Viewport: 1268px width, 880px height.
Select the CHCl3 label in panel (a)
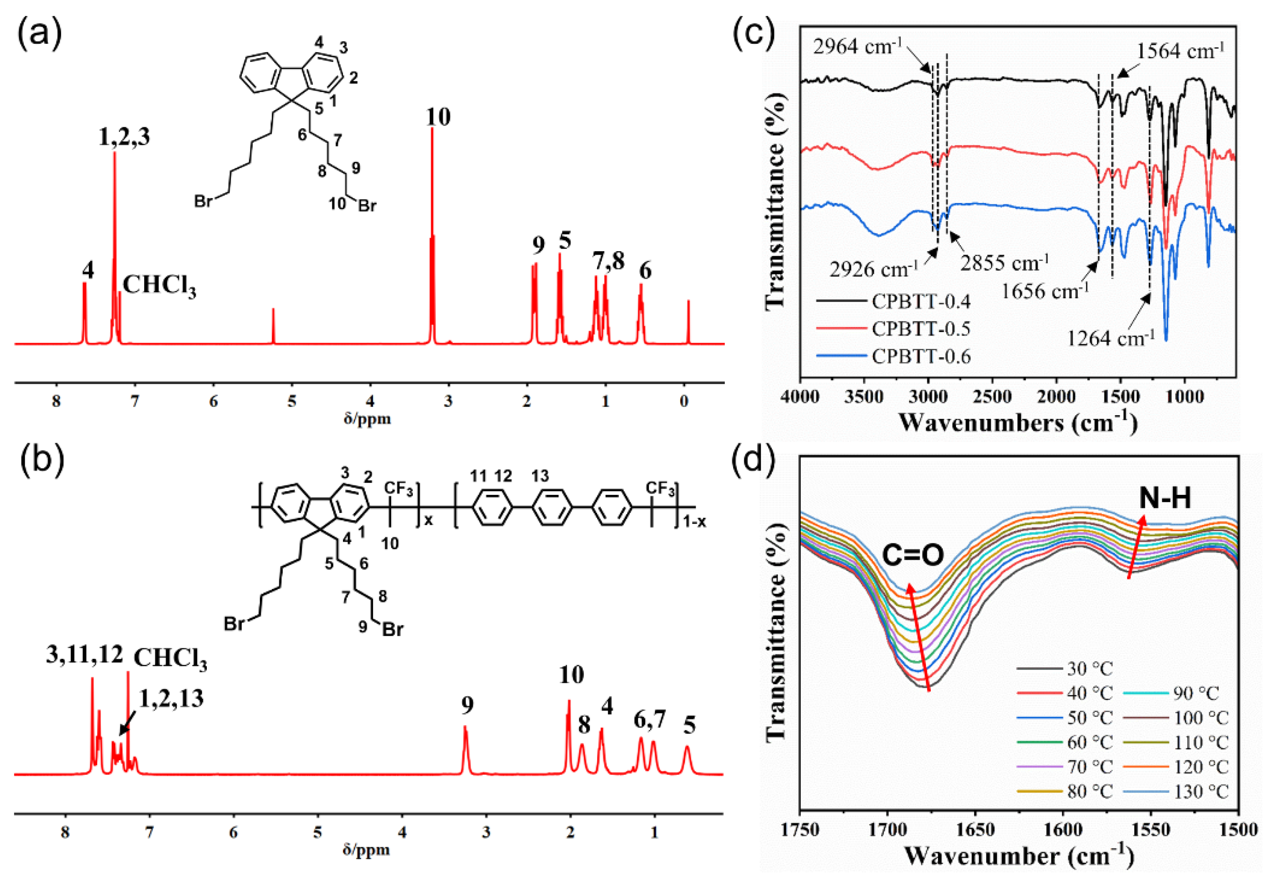point(159,286)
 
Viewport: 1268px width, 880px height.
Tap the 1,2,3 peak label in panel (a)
point(124,137)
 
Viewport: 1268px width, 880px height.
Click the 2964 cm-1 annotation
point(857,47)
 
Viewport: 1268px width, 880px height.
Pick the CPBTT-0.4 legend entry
point(921,301)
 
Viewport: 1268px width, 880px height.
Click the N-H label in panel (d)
point(1165,498)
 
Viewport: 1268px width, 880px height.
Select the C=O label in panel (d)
point(913,555)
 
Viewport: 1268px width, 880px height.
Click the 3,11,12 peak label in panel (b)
point(84,654)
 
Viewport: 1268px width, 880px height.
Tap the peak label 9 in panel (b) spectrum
point(467,704)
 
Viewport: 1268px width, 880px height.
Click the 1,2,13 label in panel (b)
point(171,699)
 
